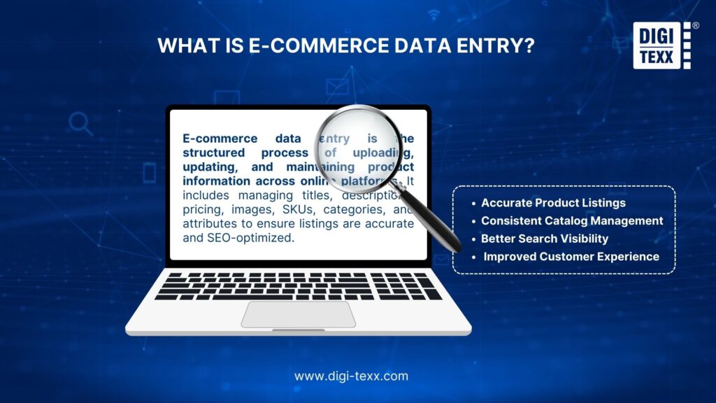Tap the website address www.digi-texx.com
pyautogui.click(x=351, y=376)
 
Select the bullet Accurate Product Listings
pyautogui.click(x=553, y=203)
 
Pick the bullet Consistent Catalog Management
pyautogui.click(x=572, y=220)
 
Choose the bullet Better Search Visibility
pyautogui.click(x=545, y=239)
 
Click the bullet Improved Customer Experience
pyautogui.click(x=571, y=256)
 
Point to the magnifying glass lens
pyautogui.click(x=357, y=148)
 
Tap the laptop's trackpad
pyautogui.click(x=299, y=314)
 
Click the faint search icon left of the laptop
pyautogui.click(x=80, y=124)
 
